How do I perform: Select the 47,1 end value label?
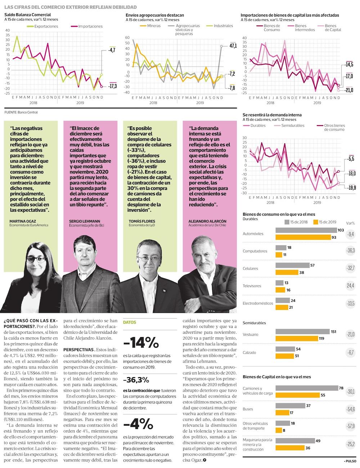(233, 46)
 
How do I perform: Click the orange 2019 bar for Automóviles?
(303, 237)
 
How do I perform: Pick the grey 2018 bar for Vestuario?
(302, 332)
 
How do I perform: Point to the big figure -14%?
(141, 342)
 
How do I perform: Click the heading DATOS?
(130, 323)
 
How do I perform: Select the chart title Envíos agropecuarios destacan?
(155, 15)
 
